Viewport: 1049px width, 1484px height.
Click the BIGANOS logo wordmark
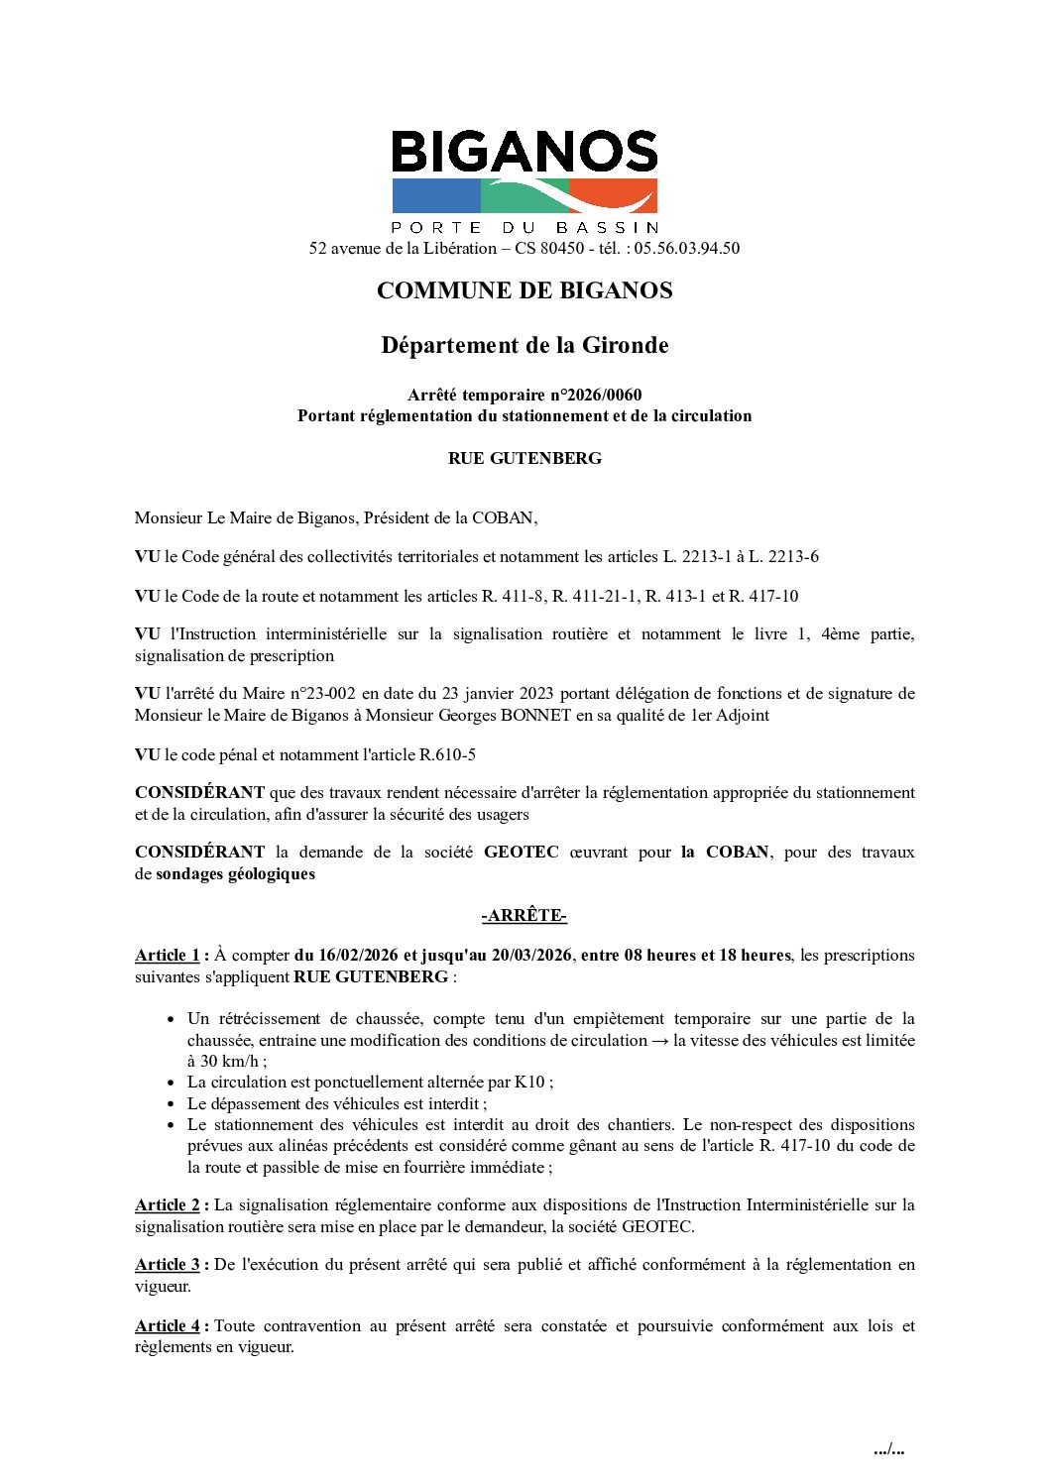coord(524,152)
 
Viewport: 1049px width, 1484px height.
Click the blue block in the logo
coord(436,196)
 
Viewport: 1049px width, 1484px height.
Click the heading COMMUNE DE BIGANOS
coord(524,290)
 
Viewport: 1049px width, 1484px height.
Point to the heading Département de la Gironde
coord(524,345)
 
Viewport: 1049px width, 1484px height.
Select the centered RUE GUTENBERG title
coord(524,458)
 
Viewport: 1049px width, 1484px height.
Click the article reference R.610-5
coord(447,754)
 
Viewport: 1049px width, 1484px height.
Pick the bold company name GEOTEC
coord(521,852)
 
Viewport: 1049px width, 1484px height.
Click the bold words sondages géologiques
coord(235,873)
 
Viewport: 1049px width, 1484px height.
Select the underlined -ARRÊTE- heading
coord(524,915)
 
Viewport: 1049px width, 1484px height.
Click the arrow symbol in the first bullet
coord(659,1040)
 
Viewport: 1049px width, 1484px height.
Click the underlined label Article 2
coord(168,1204)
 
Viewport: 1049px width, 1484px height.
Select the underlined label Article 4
coord(168,1325)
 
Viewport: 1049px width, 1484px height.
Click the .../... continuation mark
coord(888,1449)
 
